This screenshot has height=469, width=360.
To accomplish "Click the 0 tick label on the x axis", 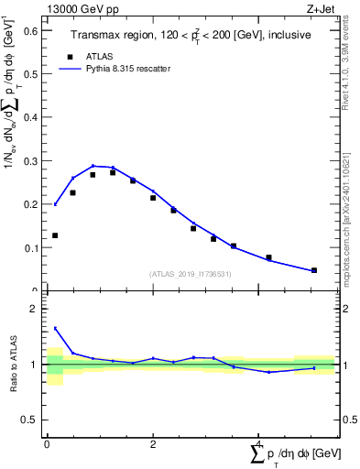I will (x=47, y=443).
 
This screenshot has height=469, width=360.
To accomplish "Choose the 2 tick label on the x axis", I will (x=153, y=443).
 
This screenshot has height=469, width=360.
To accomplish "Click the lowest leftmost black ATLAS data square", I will (x=55, y=235).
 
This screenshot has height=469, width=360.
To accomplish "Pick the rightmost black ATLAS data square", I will (x=314, y=270).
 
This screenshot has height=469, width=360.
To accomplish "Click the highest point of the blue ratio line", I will (x=55, y=328).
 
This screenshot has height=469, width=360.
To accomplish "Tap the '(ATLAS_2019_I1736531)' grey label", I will (x=190, y=273).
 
